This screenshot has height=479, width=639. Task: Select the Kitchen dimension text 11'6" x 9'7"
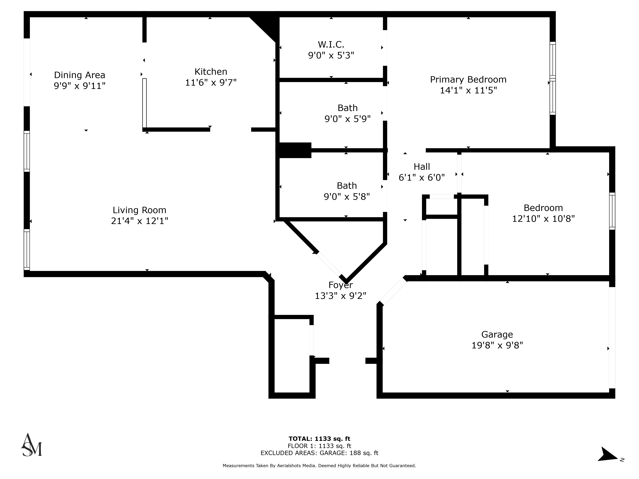pos(211,83)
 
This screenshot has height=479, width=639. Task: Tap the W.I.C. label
pos(331,44)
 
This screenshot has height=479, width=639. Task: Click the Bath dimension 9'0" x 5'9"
pos(347,119)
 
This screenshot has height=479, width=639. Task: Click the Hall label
pos(422,167)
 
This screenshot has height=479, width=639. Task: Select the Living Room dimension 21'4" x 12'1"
pos(139,221)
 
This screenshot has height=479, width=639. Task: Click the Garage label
pos(497,334)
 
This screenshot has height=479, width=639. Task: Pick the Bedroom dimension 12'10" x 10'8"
pos(543,219)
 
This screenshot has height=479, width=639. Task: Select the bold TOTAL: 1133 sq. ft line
pos(319,439)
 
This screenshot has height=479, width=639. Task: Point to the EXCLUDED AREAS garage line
pos(319,453)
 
